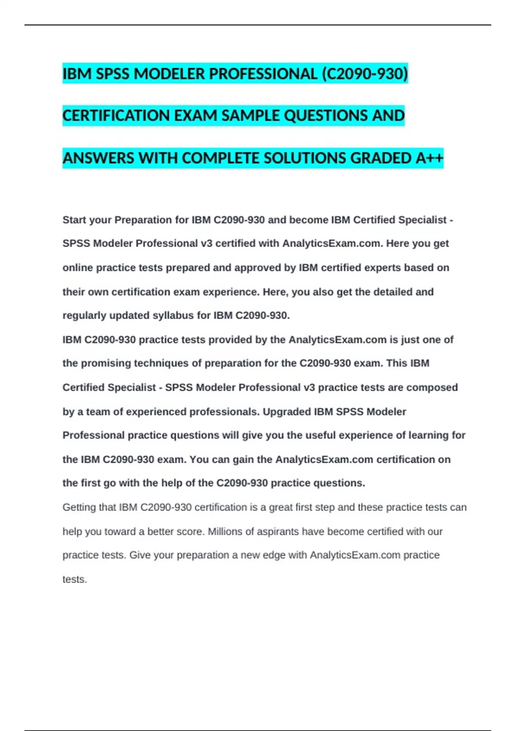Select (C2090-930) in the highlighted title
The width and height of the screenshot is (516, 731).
pyautogui.click(x=365, y=74)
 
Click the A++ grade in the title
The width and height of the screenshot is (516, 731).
pyautogui.click(x=429, y=158)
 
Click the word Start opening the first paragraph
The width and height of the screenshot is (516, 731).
pyautogui.click(x=75, y=220)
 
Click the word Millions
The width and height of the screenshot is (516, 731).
pyautogui.click(x=225, y=532)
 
